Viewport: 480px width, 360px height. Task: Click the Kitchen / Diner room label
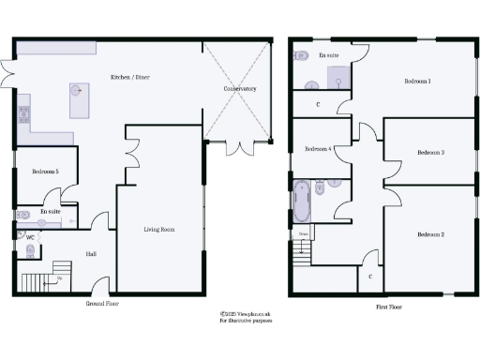coord(130,77)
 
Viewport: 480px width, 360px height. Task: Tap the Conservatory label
coord(240,89)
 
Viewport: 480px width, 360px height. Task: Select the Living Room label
coord(158,229)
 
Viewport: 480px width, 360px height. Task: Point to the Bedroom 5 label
coord(45,172)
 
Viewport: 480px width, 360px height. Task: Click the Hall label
coord(91,254)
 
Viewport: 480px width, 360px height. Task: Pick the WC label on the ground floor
coord(30,237)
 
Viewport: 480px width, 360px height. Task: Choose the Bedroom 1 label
coord(417,82)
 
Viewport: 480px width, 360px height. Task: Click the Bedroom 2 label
coord(429,233)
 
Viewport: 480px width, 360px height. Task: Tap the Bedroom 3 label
coord(429,152)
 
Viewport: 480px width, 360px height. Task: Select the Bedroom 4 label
coord(318,149)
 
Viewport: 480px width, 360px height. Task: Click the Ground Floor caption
coord(101,304)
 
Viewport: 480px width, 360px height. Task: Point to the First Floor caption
coord(389,307)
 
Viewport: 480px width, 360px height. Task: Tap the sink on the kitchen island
coord(75,92)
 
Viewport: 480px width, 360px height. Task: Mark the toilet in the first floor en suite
coord(300,56)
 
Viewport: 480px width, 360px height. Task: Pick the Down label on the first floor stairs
coord(303,233)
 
